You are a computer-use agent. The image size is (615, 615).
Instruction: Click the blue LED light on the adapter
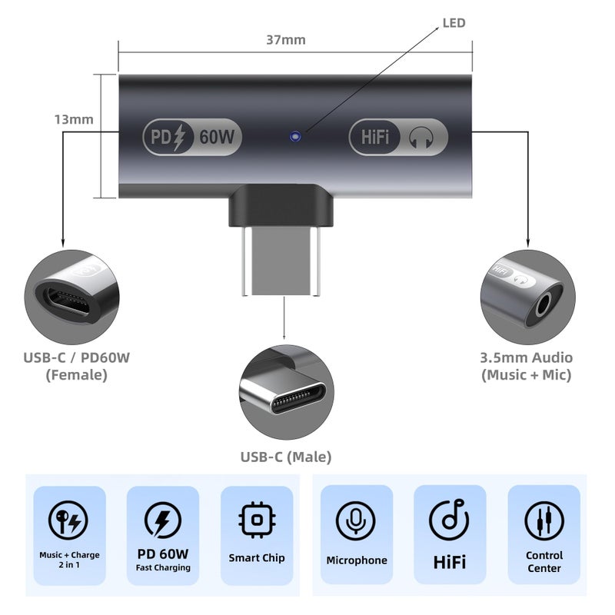coord(295,136)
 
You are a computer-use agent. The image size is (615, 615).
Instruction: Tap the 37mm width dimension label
coord(286,40)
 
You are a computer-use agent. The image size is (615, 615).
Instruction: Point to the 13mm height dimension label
coord(74,119)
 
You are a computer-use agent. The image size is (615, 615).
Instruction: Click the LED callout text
coord(454,23)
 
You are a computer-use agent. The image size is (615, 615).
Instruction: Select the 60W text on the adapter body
coord(217,137)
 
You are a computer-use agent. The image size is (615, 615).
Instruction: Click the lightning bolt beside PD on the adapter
coord(179,138)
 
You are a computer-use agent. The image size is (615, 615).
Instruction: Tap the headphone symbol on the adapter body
coord(421,138)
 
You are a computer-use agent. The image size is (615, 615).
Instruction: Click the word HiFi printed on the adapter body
coord(375,138)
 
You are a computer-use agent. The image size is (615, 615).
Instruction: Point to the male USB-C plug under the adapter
coord(281,261)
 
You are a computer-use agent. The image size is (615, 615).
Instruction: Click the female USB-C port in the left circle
coord(68,301)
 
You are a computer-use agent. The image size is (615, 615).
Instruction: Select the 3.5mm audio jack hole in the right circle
coord(543,305)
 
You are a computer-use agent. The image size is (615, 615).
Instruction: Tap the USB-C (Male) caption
coord(286,457)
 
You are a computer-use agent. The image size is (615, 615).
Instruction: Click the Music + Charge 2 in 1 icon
coord(68,520)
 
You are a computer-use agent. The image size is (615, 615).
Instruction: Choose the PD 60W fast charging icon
coord(163,520)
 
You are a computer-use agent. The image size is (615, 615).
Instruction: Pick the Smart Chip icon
coord(257,520)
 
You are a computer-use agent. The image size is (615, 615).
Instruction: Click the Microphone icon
coord(356,520)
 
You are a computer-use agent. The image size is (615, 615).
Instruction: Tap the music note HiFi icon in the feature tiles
coord(450,520)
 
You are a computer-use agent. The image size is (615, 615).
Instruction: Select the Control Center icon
coord(544,521)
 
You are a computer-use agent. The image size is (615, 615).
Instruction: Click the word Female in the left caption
coord(76,375)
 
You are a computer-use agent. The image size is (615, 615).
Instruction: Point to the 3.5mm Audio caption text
coord(527,357)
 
